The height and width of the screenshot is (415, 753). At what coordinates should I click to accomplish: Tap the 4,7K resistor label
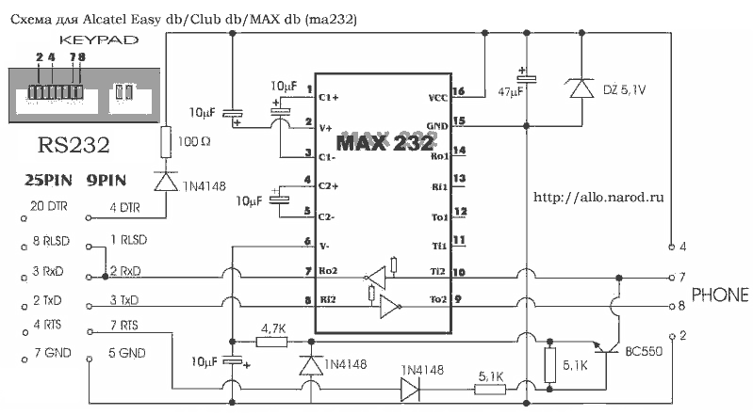coord(274,328)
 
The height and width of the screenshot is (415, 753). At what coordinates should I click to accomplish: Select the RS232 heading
coord(73,146)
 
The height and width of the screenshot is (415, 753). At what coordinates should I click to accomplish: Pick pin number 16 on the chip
coord(459,91)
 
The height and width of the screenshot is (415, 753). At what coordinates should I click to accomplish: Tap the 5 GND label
coord(127,354)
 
